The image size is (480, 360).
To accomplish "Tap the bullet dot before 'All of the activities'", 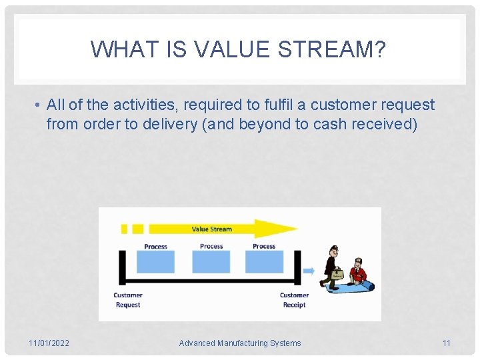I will tap(39, 105).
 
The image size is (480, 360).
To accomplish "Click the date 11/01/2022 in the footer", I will tap(49, 343).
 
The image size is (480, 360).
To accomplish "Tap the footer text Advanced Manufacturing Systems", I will tap(240, 343).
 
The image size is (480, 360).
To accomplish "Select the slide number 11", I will tap(446, 343).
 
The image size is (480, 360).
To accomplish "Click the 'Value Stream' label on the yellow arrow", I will tap(211, 229).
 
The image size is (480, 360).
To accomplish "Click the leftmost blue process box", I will tap(155, 261).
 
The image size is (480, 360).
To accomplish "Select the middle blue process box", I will tap(211, 261).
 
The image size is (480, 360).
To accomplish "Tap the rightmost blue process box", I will tap(264, 261).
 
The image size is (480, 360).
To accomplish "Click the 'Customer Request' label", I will tap(128, 300).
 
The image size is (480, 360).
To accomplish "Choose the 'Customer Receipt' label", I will tap(294, 300).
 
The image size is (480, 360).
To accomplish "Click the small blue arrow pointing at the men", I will tap(309, 271).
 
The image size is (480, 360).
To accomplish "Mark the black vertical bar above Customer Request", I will tap(122, 267).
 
